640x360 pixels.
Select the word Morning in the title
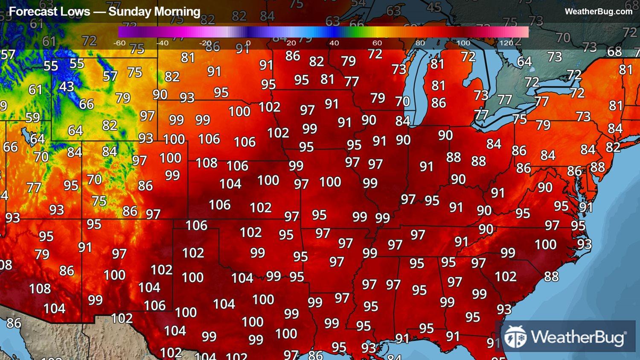pos(177,12)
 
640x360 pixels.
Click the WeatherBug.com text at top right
pos(598,12)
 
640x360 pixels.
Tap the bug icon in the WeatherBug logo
pos(515,337)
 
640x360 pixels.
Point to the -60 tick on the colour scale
pos(119,43)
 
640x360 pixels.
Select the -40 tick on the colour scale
pos(162,43)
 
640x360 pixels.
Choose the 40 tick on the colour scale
pos(334,43)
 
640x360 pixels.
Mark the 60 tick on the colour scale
pos(377,43)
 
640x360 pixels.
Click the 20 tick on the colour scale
pos(291,43)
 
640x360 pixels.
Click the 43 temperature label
pos(67,87)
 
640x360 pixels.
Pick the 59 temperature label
pos(32,117)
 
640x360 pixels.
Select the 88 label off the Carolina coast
pos(551,276)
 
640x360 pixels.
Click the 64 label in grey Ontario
pos(524,61)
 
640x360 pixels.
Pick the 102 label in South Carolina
pos(506,276)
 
